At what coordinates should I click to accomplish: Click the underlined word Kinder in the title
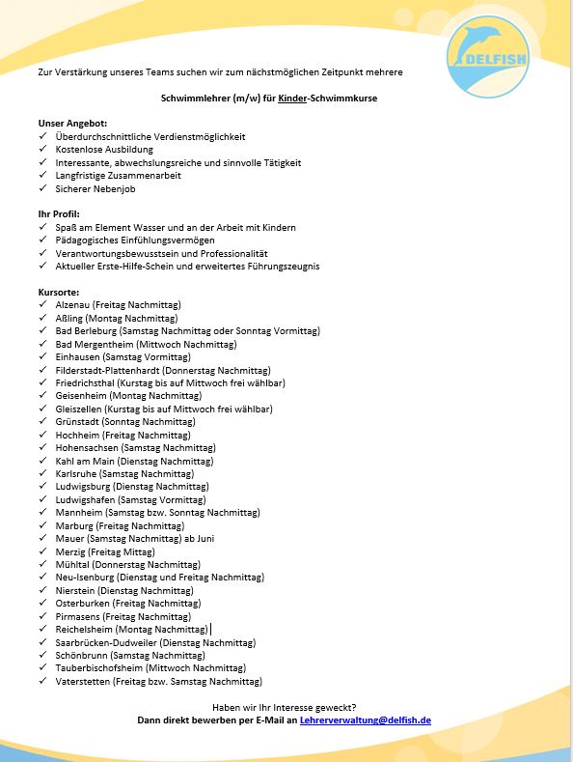click(x=292, y=99)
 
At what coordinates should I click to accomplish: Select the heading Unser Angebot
click(x=72, y=124)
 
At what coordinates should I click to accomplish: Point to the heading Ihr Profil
click(x=59, y=213)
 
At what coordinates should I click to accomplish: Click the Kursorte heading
click(x=59, y=292)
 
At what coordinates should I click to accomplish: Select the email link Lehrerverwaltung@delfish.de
click(x=366, y=720)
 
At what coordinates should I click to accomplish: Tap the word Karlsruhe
click(x=76, y=474)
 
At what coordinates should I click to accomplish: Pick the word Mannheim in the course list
click(x=77, y=513)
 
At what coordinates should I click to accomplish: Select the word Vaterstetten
click(x=82, y=681)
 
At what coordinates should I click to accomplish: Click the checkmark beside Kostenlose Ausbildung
click(x=42, y=150)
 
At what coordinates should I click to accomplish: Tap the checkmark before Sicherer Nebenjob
click(x=42, y=189)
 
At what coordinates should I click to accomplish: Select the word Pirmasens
click(x=77, y=616)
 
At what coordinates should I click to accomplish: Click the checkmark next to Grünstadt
click(x=42, y=422)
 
